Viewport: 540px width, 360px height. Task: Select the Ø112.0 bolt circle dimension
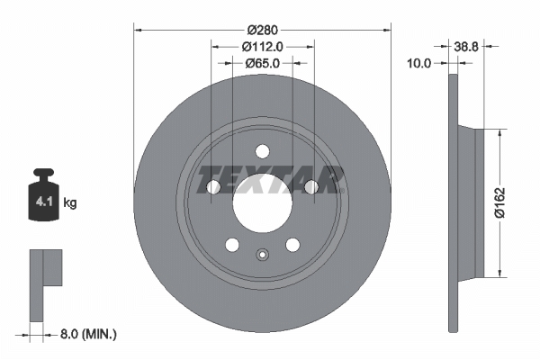262,47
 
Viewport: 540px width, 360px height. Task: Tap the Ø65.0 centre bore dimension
262,64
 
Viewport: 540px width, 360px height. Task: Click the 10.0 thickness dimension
419,64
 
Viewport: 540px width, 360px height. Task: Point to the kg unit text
70,203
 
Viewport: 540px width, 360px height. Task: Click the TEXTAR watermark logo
270,179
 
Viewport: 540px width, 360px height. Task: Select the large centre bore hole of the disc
262,199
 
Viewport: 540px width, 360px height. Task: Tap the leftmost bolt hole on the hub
213,186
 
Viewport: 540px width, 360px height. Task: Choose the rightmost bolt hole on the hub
310,186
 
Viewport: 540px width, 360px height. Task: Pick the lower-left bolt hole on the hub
232,245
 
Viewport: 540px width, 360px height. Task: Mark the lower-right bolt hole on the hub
292,245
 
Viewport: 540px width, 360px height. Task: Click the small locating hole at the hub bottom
262,255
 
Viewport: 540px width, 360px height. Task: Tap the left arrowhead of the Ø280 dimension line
137,30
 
